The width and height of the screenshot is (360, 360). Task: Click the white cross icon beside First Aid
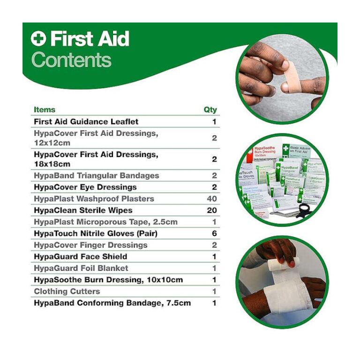tap(38, 39)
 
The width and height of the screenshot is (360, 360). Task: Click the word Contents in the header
tap(72, 60)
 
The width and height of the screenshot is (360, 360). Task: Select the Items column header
tap(44, 110)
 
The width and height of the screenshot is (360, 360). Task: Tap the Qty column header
tap(210, 110)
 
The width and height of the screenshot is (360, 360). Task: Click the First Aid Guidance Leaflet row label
tap(86, 121)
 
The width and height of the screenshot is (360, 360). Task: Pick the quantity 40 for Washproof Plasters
tap(212, 199)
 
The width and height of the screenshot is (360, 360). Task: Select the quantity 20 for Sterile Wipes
tap(212, 210)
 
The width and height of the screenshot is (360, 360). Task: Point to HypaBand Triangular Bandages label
tap(96, 175)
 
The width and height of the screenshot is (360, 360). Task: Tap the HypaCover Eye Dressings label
tap(85, 187)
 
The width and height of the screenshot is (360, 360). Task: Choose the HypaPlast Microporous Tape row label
tap(105, 222)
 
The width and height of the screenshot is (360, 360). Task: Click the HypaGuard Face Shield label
tap(80, 256)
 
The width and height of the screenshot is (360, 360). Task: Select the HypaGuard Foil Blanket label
tap(81, 268)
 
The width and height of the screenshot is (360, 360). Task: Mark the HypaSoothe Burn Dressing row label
tap(108, 280)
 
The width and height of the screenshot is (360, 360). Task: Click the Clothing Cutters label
tap(67, 291)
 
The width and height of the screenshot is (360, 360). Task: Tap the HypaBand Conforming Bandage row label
tap(112, 303)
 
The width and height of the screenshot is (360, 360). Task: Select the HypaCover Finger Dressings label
tap(90, 245)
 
